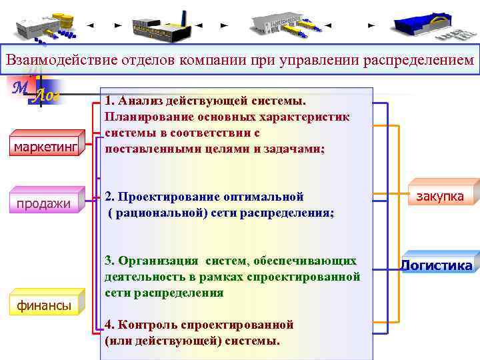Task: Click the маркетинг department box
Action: [43, 145]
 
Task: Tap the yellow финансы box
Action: [43, 305]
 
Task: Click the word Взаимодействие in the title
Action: [62, 59]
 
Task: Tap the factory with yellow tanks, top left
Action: [47, 25]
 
